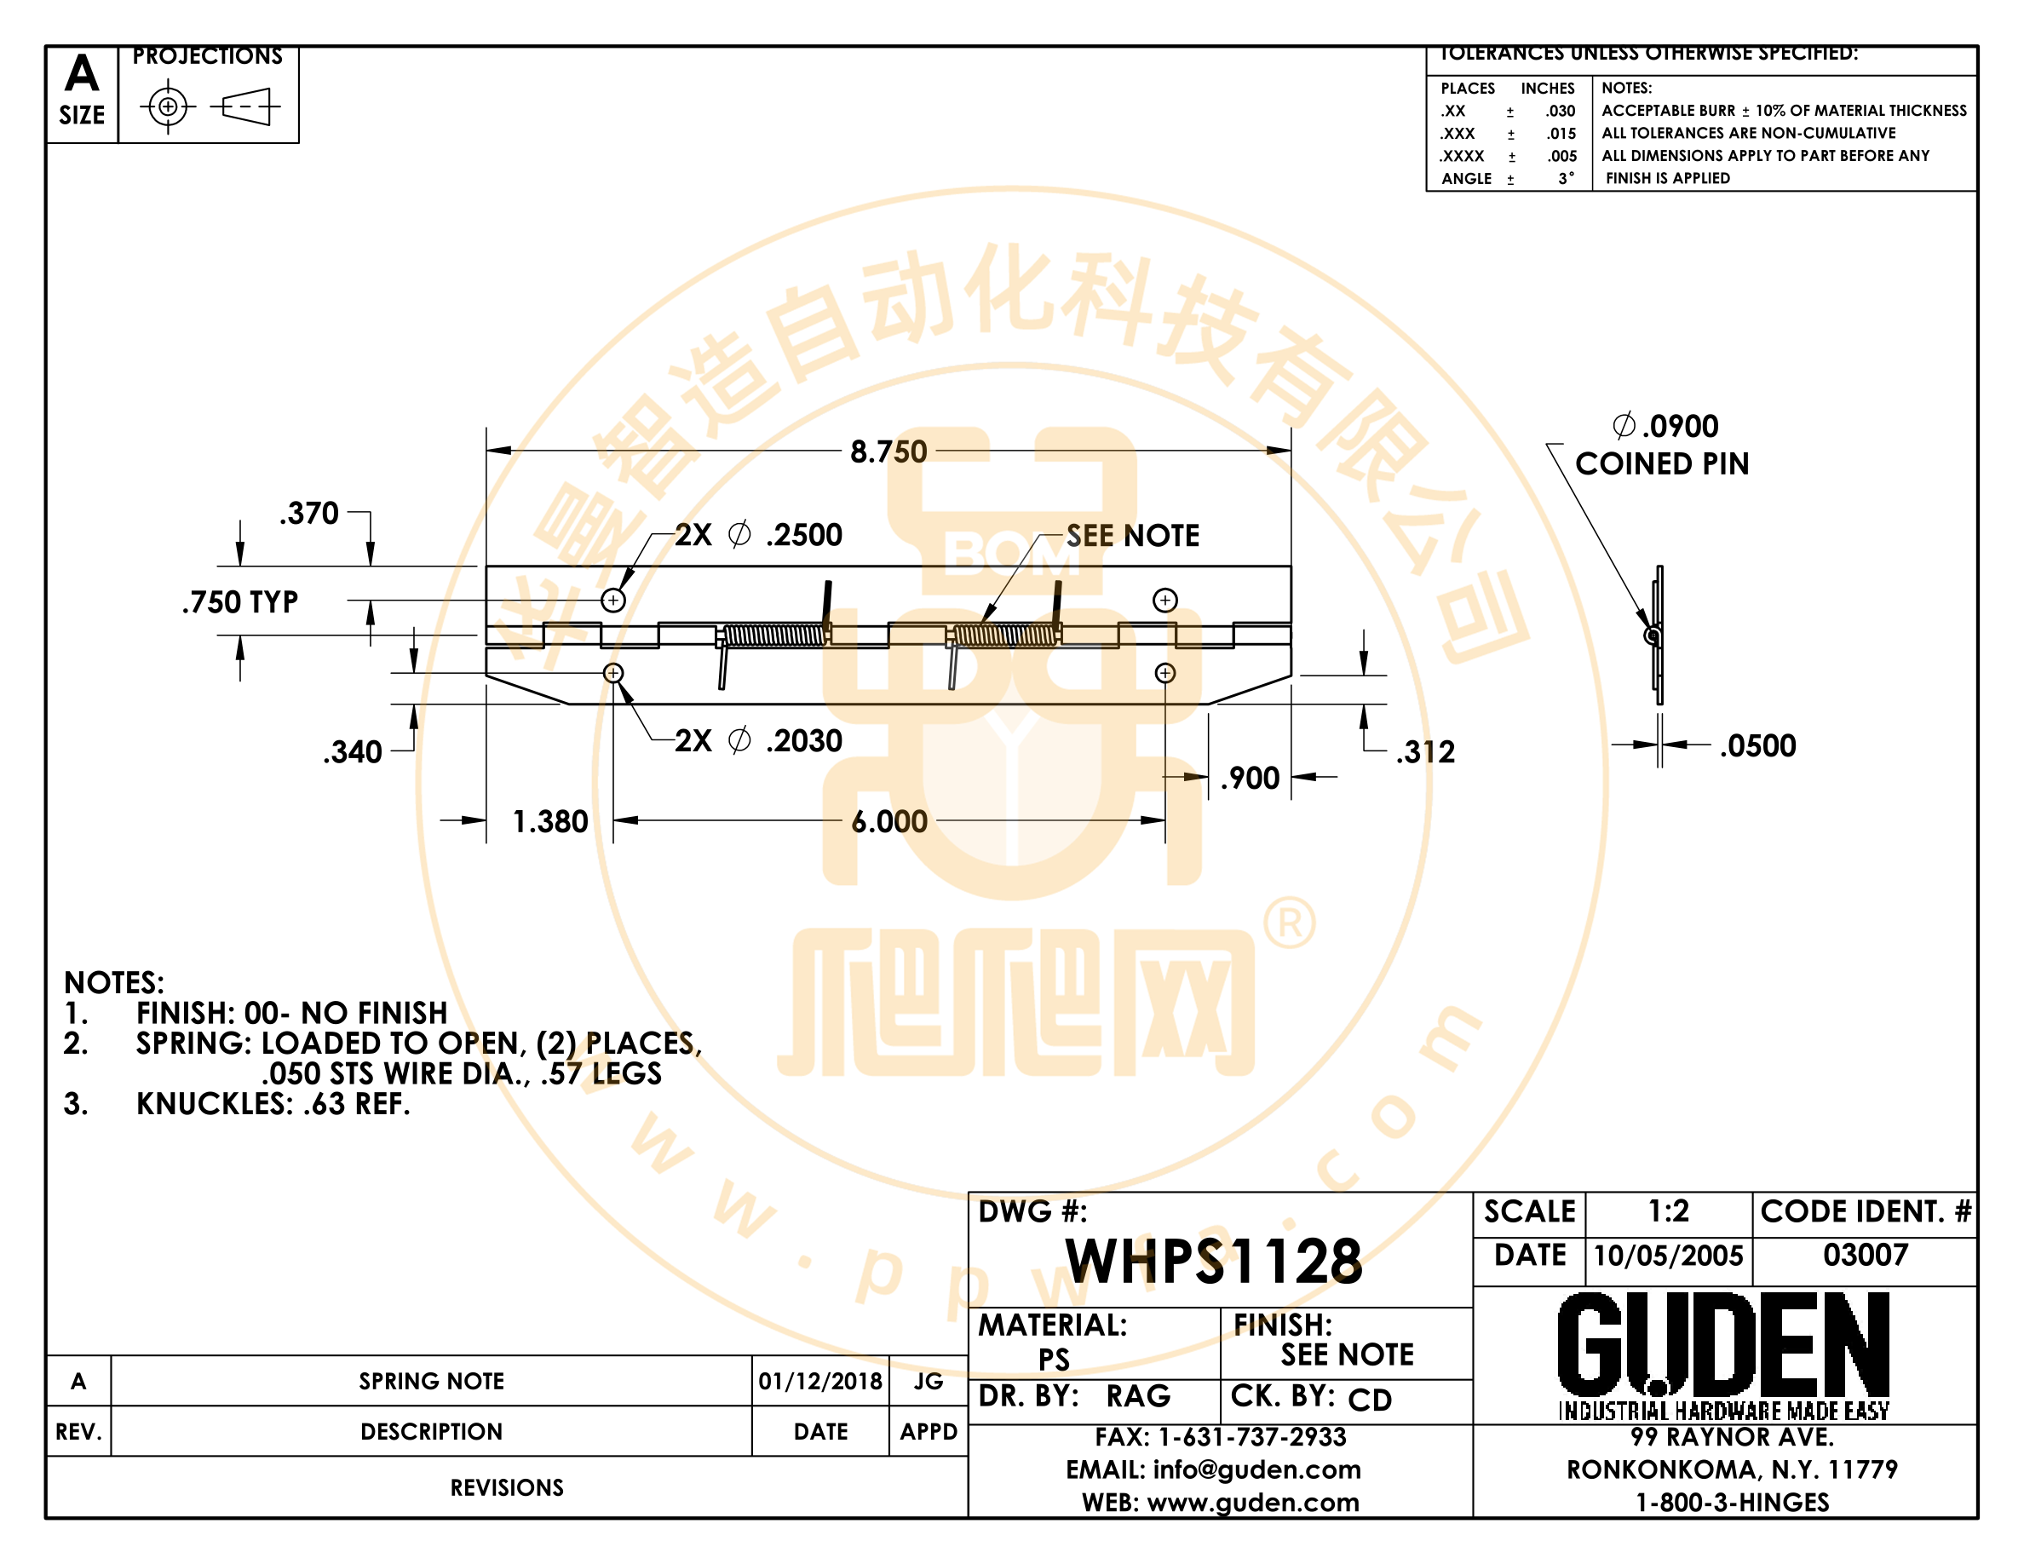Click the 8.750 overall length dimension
click(x=888, y=451)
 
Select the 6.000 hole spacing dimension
click(x=888, y=821)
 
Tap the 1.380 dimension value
click(x=550, y=821)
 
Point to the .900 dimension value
click(x=1250, y=779)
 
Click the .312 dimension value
click(x=1425, y=751)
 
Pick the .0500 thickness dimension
click(x=1757, y=746)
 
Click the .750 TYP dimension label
click(x=240, y=602)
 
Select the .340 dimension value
click(x=352, y=751)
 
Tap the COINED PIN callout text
click(x=1662, y=463)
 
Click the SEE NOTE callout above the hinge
click(x=1132, y=536)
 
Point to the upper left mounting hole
click(x=612, y=601)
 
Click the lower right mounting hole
click(x=1165, y=673)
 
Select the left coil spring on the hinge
click(x=773, y=635)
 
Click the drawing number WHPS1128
click(x=1214, y=1261)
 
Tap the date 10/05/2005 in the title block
click(x=1668, y=1256)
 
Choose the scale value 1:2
click(x=1668, y=1211)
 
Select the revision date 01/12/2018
click(x=820, y=1382)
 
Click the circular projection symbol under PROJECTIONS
click(x=168, y=106)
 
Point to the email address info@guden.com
click(x=1256, y=1469)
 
